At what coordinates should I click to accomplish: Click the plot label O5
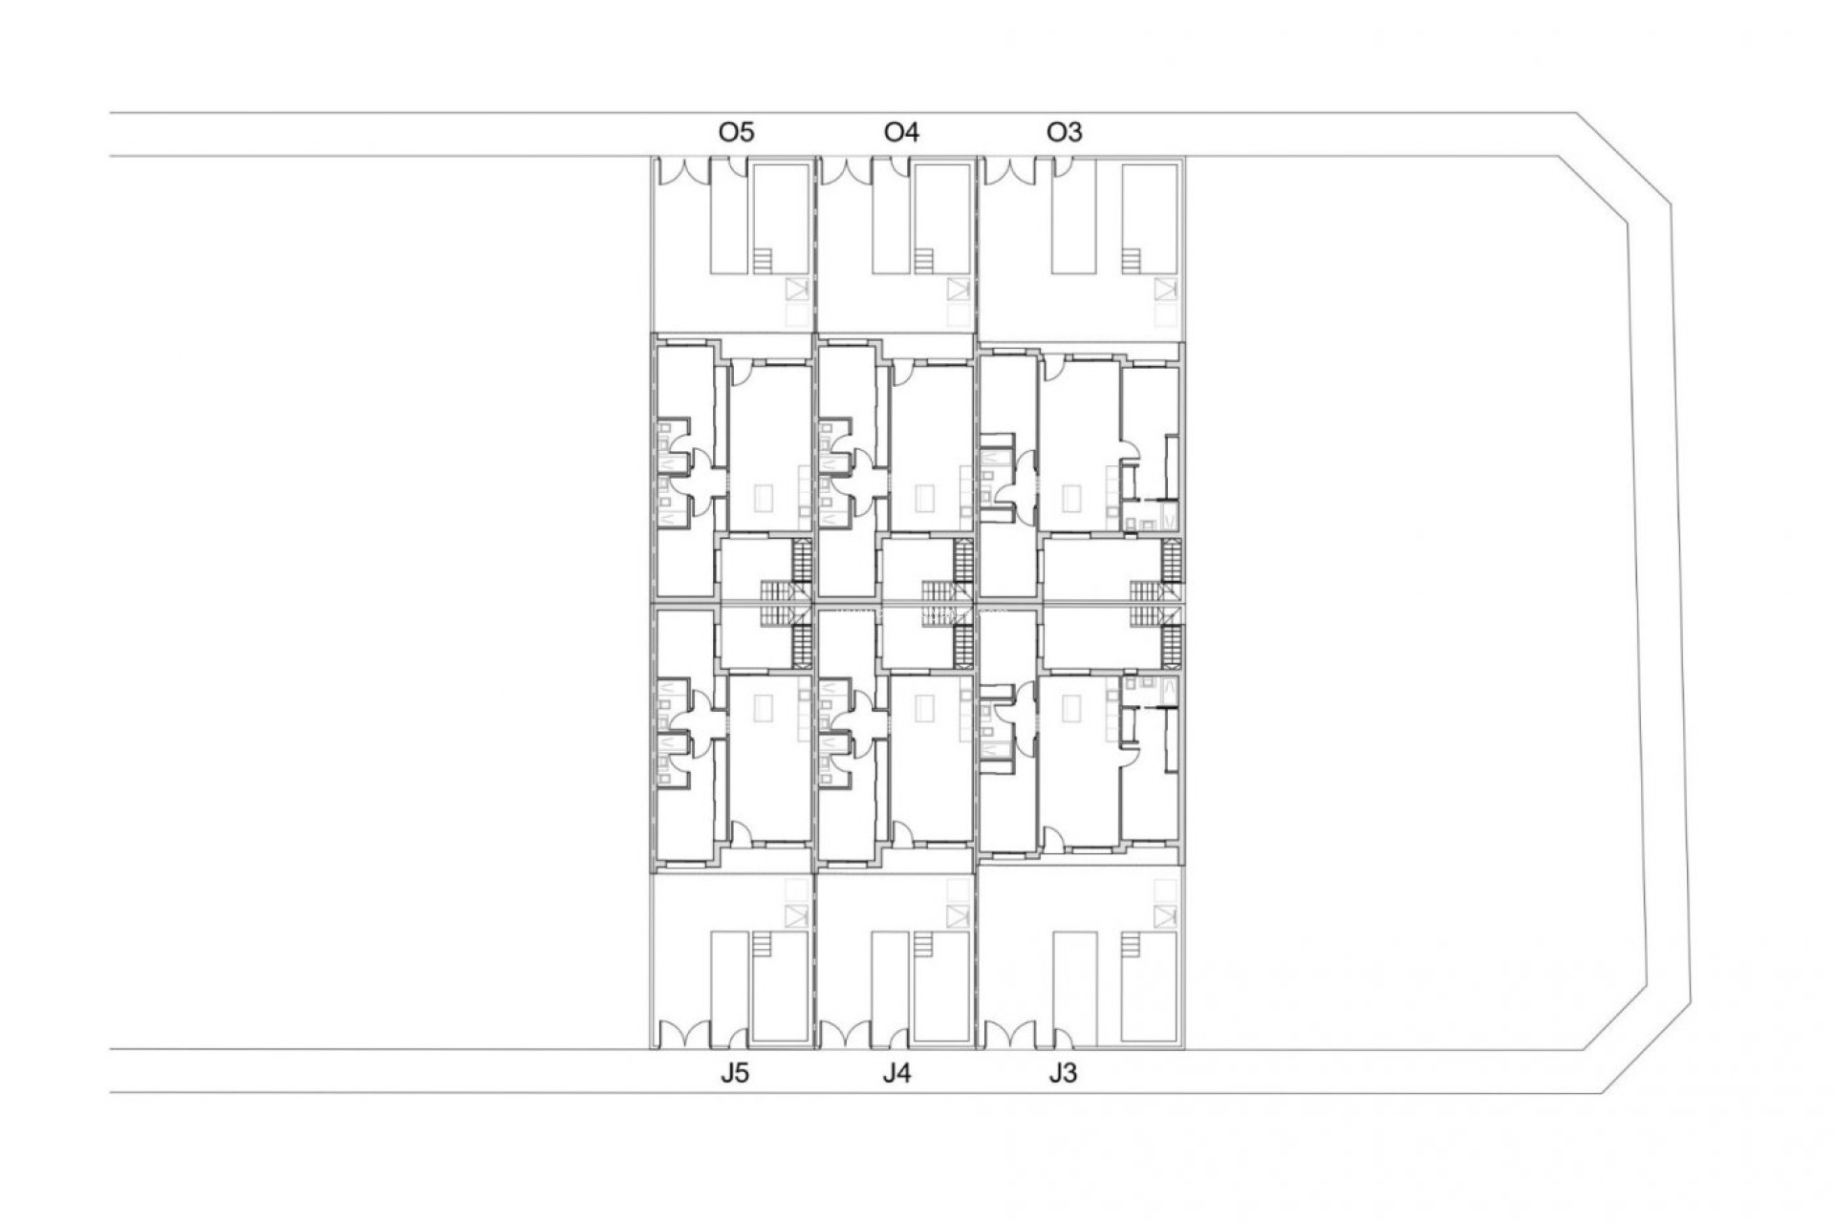click(736, 132)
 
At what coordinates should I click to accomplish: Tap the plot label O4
click(901, 132)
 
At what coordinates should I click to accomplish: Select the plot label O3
click(1064, 132)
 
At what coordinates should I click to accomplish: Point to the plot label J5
click(734, 1073)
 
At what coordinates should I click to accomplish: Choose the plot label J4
click(896, 1073)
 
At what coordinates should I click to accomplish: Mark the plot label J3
click(1062, 1073)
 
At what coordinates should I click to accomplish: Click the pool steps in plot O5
click(762, 261)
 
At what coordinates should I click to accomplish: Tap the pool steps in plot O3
click(1132, 261)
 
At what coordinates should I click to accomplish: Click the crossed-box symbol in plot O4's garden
click(958, 289)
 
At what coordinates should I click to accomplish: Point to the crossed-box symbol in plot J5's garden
click(795, 915)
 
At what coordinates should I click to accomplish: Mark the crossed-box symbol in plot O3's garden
click(1164, 289)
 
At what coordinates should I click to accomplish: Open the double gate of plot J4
click(844, 1035)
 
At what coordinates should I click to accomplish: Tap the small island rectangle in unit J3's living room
click(1072, 707)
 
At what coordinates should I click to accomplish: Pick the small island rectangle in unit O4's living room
click(925, 498)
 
